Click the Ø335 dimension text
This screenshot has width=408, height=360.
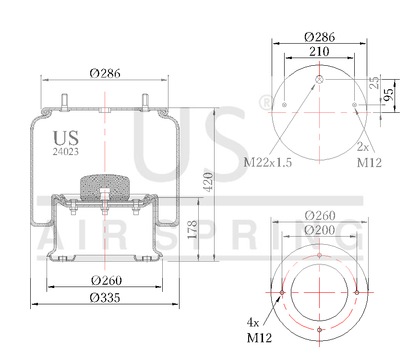tap(105, 298)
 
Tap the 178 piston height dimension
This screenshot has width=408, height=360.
tap(192, 230)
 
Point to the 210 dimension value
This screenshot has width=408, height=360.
tap(319, 51)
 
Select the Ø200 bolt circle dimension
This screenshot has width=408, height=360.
tap(320, 230)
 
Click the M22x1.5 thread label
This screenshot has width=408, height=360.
tap(268, 162)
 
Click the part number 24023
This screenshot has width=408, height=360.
tap(65, 151)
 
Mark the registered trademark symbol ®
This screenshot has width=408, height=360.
tap(265, 102)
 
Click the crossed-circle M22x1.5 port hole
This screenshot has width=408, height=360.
tap(320, 80)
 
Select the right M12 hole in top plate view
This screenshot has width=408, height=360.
tap(355, 105)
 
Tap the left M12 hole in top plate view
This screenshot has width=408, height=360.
tap(285, 105)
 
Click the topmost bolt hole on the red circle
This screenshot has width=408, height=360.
tap(320, 255)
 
